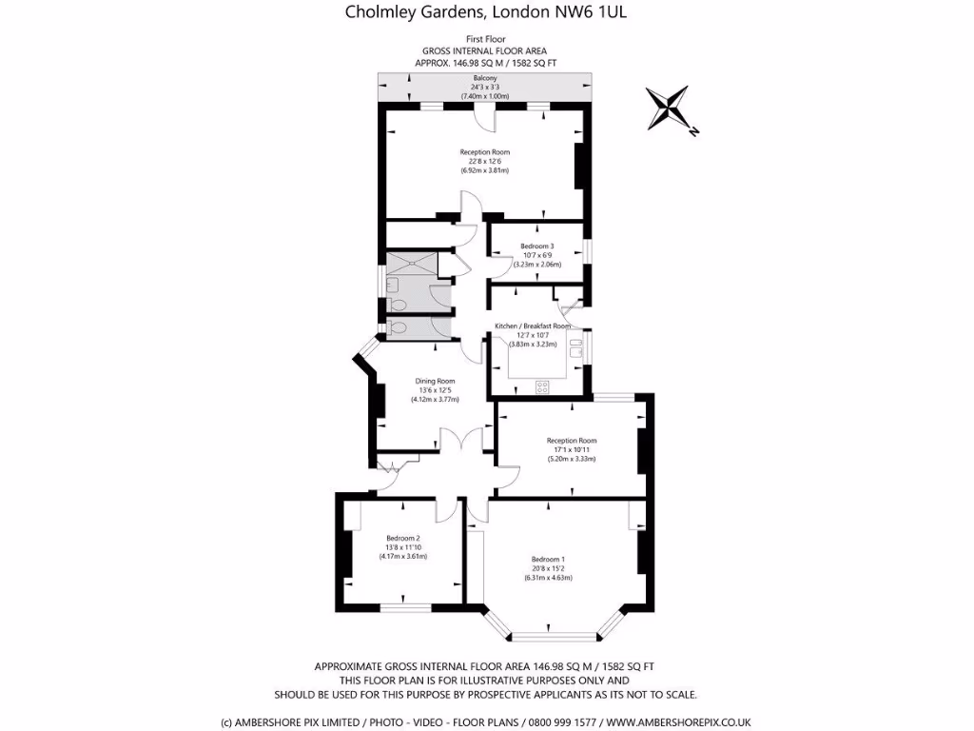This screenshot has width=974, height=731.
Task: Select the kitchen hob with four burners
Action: (x=543, y=386)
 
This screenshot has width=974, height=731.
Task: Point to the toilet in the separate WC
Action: (x=398, y=328)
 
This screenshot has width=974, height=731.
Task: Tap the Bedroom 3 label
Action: (x=536, y=247)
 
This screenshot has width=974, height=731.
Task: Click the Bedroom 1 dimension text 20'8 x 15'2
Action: (x=548, y=568)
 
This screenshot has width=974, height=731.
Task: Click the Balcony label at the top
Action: (x=485, y=78)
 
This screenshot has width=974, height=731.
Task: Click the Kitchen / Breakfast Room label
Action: (x=533, y=326)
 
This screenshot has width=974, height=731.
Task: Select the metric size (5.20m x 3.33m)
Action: (x=571, y=459)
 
